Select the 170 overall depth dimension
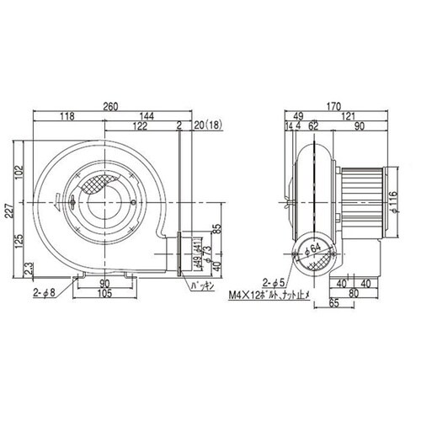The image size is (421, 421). click(334, 107)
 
